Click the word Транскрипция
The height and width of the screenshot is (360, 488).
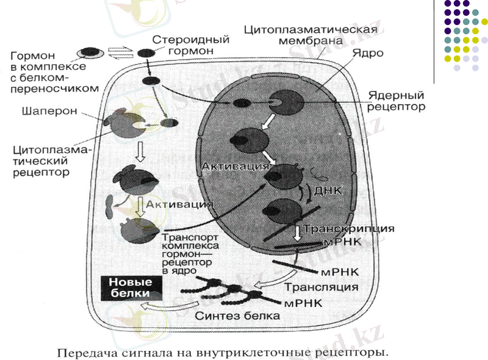(x=349, y=229)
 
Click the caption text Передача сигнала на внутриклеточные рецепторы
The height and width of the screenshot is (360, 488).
(x=223, y=352)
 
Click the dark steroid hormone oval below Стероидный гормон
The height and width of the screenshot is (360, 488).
(x=146, y=53)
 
